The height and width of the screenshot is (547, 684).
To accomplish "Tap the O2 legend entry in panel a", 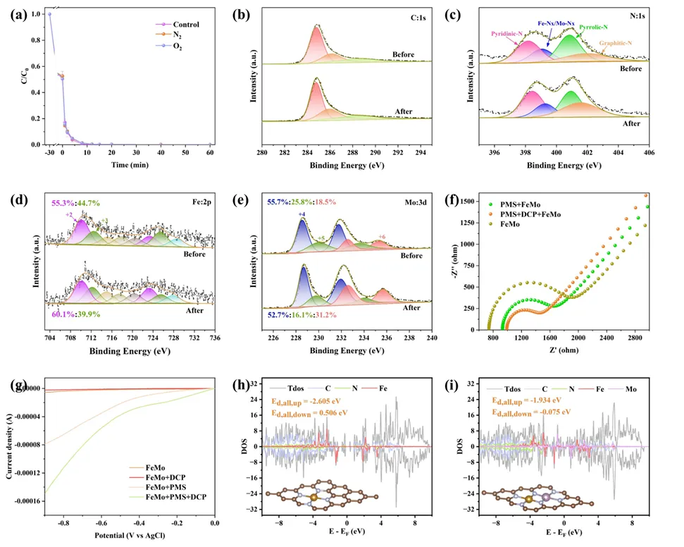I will [x=177, y=46].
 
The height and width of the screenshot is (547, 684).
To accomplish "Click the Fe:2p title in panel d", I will [x=193, y=199].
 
